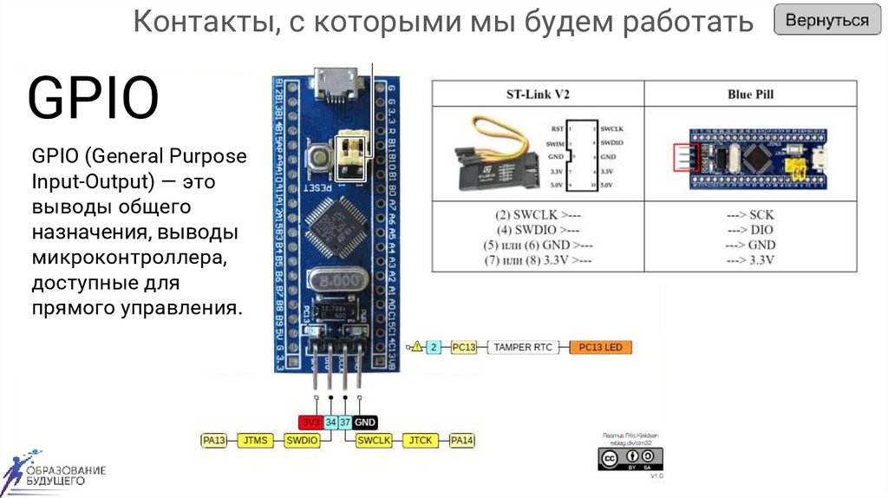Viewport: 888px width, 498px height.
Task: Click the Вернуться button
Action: [x=827, y=21]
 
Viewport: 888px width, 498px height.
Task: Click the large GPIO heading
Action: [x=94, y=98]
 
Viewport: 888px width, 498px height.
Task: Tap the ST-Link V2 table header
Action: [x=538, y=94]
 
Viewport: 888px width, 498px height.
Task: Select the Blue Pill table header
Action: [x=751, y=94]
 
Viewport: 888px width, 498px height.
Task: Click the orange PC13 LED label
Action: [x=602, y=348]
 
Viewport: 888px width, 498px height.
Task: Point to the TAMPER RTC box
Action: [x=524, y=348]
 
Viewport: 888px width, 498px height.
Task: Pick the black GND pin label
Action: [x=365, y=423]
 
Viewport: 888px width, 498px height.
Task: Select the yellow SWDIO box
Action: [x=303, y=441]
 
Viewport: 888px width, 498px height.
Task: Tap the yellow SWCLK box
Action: [x=375, y=441]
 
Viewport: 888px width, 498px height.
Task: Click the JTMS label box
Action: [x=255, y=441]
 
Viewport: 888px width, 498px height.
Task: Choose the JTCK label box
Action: [x=421, y=441]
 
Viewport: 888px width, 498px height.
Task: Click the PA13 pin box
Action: [x=213, y=441]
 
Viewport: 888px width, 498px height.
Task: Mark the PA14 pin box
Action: [x=462, y=441]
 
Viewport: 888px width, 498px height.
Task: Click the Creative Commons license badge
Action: [x=630, y=459]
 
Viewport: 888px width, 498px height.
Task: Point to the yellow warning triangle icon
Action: [x=417, y=347]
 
